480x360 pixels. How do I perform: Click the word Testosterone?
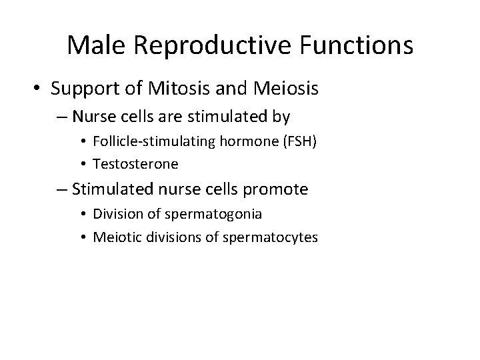click(135, 162)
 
